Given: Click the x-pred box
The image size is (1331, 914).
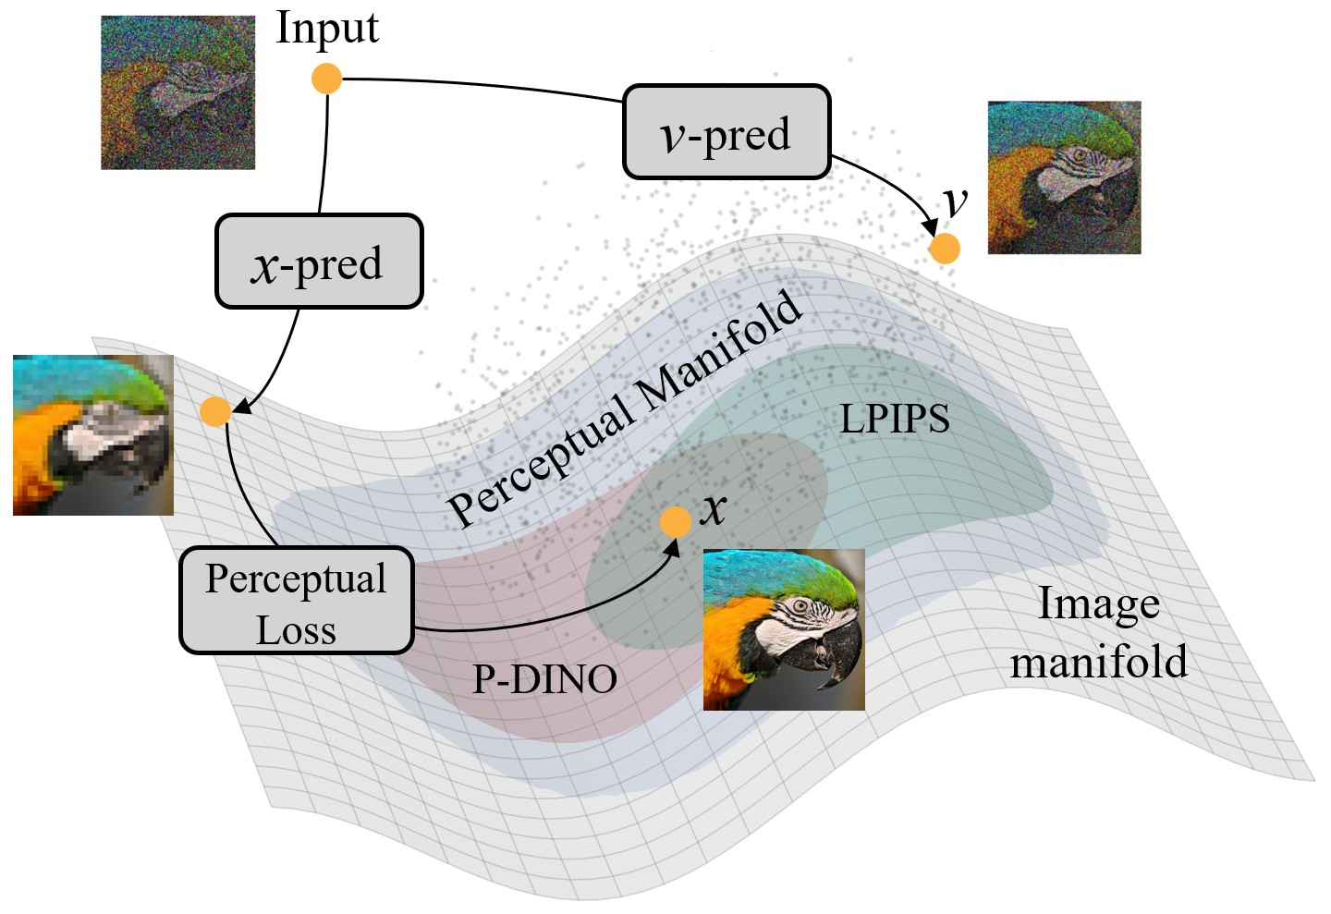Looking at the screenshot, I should pyautogui.click(x=319, y=262).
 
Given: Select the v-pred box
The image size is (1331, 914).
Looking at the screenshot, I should pyautogui.click(x=727, y=132).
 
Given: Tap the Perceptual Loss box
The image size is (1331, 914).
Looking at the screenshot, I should pyautogui.click(x=296, y=602).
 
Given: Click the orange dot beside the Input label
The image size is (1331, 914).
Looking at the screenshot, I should pyautogui.click(x=326, y=79).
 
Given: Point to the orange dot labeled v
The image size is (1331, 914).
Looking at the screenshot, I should pyautogui.click(x=945, y=248).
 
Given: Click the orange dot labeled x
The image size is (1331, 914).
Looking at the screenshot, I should pyautogui.click(x=676, y=521).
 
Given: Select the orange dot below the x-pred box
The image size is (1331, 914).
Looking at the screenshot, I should pyautogui.click(x=215, y=411).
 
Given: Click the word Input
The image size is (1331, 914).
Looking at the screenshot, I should pyautogui.click(x=327, y=28).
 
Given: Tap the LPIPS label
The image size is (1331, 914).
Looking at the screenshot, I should pyautogui.click(x=894, y=419).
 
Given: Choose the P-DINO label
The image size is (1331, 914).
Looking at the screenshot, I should pyautogui.click(x=544, y=679).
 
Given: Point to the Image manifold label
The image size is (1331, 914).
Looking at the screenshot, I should pyautogui.click(x=1098, y=633).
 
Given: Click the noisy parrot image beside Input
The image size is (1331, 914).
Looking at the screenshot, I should pyautogui.click(x=177, y=92).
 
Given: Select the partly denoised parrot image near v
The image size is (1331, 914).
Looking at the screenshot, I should pyautogui.click(x=1064, y=177).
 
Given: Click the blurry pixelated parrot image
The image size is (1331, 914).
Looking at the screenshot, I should pyautogui.click(x=93, y=434).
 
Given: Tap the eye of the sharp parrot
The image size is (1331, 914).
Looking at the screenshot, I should pyautogui.click(x=798, y=607).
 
